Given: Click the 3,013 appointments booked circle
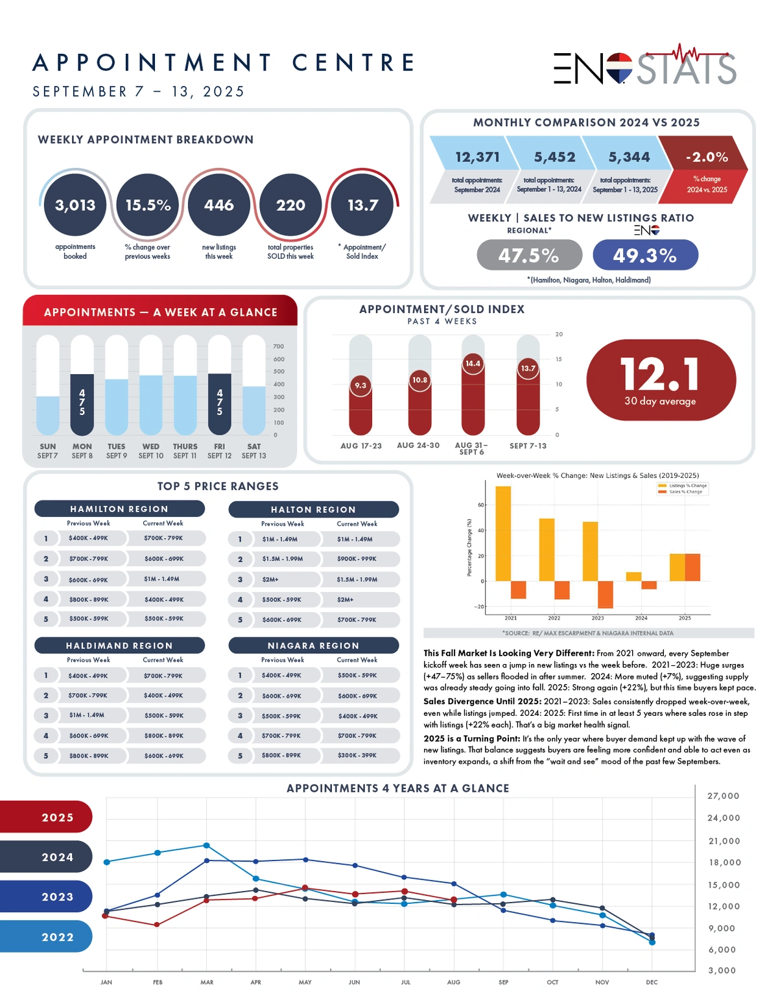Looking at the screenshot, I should (75, 205).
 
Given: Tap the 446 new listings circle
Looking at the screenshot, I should (219, 205).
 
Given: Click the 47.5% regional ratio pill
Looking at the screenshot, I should (529, 255).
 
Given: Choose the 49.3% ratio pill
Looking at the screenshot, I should (645, 255).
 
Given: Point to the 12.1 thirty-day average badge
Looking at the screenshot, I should (661, 381).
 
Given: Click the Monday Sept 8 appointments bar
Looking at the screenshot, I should (82, 404).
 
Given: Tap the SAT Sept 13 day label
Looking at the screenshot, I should (253, 451).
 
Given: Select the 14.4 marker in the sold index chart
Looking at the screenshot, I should (473, 364).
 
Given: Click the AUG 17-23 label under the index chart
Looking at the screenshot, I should (361, 446).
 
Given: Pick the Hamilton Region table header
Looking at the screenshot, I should (119, 509).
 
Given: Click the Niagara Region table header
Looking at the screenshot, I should (314, 646).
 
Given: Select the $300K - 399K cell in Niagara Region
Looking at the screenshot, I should (357, 755).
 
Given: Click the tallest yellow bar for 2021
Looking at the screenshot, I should (503, 533).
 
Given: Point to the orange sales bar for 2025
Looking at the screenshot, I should (692, 567).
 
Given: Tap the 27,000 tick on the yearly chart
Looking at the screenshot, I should (723, 796).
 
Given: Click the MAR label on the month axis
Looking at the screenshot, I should (207, 982).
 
